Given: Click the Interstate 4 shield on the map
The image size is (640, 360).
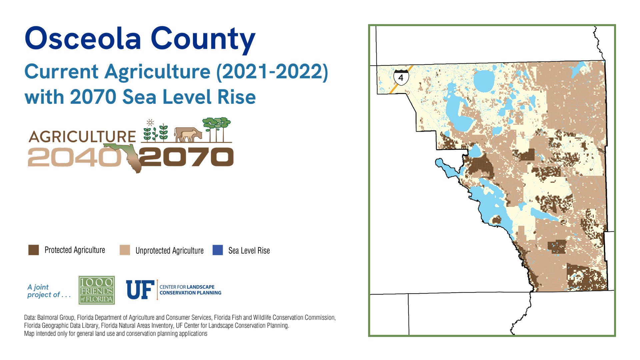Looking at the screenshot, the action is click(x=401, y=77).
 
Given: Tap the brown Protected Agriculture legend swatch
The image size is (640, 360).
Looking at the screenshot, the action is click(x=34, y=250).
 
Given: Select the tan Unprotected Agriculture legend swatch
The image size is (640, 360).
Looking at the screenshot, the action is click(x=125, y=250).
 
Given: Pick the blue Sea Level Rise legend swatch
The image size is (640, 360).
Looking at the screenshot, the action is click(x=218, y=250).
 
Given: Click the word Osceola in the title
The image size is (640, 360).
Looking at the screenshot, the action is click(x=83, y=38).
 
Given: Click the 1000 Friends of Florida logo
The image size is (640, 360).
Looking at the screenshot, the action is click(x=97, y=290).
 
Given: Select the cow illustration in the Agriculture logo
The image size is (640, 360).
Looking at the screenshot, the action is click(x=188, y=134).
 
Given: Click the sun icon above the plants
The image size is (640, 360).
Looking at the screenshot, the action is click(x=150, y=122).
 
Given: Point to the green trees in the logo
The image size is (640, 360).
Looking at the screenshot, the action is click(x=217, y=130).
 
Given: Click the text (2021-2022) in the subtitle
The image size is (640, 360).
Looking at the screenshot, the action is click(x=272, y=72).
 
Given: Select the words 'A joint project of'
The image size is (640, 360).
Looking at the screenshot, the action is click(x=49, y=291).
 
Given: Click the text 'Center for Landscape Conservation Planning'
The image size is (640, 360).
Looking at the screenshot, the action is click(x=190, y=290).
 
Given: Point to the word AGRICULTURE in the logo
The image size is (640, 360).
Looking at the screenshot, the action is click(x=82, y=137).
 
